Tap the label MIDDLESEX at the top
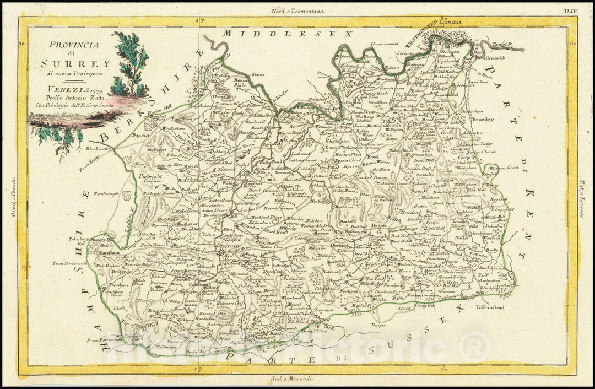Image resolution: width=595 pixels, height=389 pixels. [x=287, y=34]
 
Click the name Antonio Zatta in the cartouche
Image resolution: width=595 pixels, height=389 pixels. [x=89, y=98]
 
